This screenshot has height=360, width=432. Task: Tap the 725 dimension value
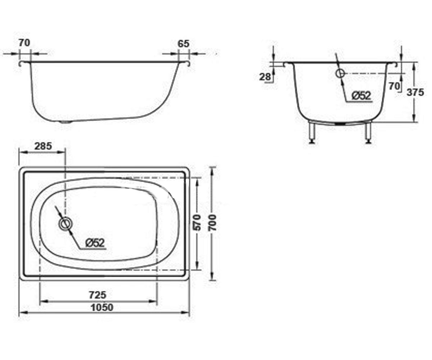(98, 295)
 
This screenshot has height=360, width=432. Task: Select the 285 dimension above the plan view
(43, 146)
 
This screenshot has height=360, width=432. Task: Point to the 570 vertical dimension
(197, 222)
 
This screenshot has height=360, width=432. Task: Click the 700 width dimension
(212, 222)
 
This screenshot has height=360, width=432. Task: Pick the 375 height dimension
(415, 92)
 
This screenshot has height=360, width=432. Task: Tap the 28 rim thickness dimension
(265, 77)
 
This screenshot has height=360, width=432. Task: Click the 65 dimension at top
(184, 44)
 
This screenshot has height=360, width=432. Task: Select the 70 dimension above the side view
(24, 43)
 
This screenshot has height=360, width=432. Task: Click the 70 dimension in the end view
(394, 86)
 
